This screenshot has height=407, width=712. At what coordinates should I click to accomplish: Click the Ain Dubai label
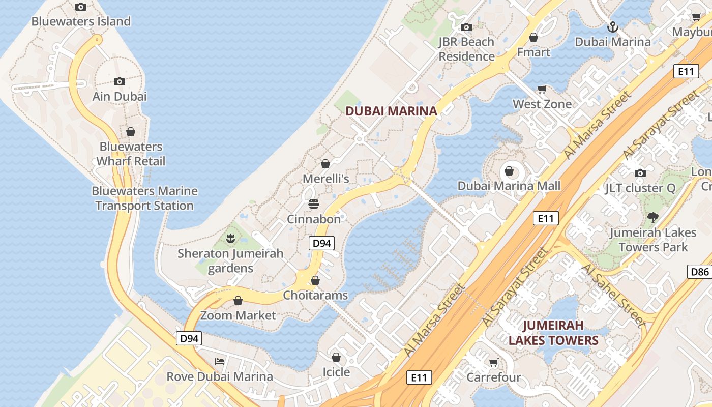pyautogui.click(x=120, y=96)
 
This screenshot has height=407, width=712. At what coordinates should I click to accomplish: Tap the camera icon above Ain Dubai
pyautogui.click(x=120, y=81)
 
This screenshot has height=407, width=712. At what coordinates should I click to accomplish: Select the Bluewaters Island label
pyautogui.click(x=81, y=21)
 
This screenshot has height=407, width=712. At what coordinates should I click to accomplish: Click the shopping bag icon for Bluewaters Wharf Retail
pyautogui.click(x=131, y=132)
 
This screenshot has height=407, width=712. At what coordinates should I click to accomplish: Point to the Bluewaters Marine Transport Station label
pyautogui.click(x=144, y=198)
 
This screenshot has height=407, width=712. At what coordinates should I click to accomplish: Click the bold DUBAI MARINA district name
pyautogui.click(x=391, y=111)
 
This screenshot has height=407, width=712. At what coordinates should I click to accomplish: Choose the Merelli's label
pyautogui.click(x=325, y=179)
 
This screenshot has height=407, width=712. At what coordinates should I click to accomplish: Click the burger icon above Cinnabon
pyautogui.click(x=314, y=204)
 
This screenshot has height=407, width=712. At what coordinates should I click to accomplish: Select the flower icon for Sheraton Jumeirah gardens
pyautogui.click(x=230, y=238)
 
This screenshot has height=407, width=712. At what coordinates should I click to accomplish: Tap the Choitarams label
pyautogui.click(x=315, y=295)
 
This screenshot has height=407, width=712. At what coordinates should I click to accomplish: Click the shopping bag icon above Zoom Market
pyautogui.click(x=238, y=301)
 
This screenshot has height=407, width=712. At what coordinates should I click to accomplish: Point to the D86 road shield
pyautogui.click(x=700, y=271)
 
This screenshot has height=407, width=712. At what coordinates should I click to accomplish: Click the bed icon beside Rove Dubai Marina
pyautogui.click(x=220, y=362)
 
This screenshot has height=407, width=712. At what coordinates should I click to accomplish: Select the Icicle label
pyautogui.click(x=336, y=372)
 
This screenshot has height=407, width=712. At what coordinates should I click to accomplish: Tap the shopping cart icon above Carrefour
pyautogui.click(x=493, y=362)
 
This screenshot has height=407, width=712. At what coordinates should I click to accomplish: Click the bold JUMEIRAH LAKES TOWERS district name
pyautogui.click(x=553, y=333)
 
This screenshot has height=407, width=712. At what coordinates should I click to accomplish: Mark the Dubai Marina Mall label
pyautogui.click(x=509, y=186)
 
